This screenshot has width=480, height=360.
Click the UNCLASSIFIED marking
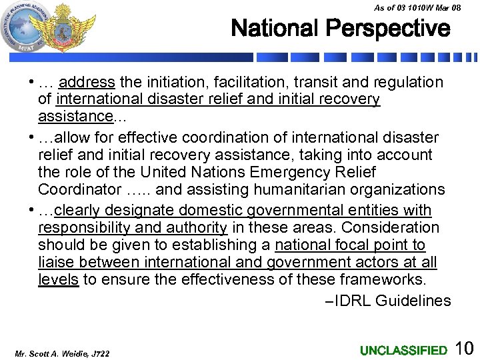coord(403,350)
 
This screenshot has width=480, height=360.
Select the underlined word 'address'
coord(87,83)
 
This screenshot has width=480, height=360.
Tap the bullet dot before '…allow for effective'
coord(32,137)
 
